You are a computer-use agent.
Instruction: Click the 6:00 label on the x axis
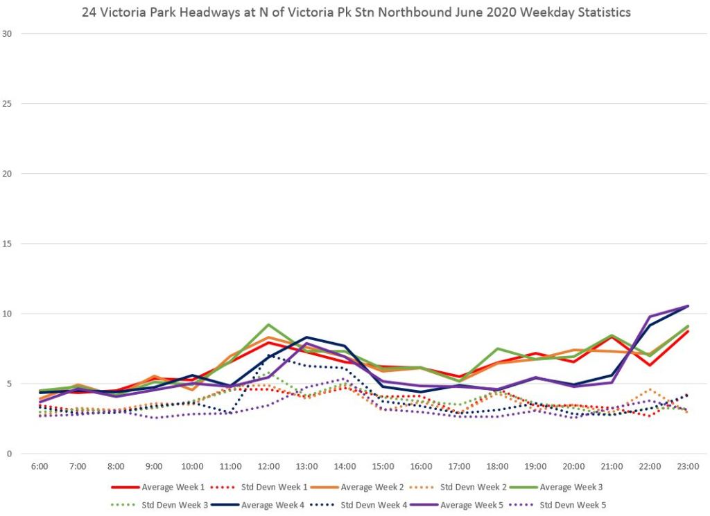click(x=40, y=466)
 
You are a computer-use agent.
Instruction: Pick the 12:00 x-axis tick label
click(x=268, y=466)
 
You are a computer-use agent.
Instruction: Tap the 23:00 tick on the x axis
click(x=687, y=466)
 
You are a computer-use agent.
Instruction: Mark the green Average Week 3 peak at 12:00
click(x=268, y=324)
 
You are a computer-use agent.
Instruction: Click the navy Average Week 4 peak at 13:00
click(x=306, y=337)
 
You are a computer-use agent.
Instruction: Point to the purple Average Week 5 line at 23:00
click(x=687, y=305)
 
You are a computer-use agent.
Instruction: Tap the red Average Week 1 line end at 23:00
click(x=687, y=331)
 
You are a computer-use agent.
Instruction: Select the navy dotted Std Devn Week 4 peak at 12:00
click(x=268, y=355)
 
